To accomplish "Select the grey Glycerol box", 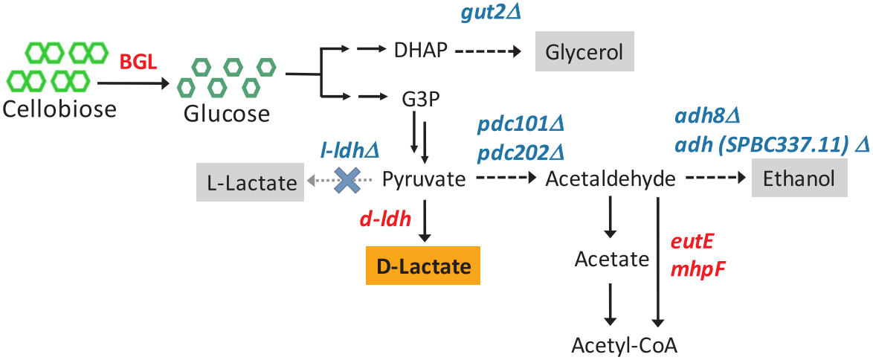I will click(x=584, y=52).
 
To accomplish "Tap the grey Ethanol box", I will click(x=799, y=179).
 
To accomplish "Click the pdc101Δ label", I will click(x=519, y=123).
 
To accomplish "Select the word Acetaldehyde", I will click(x=611, y=179).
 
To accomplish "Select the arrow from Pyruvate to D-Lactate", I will click(x=424, y=221).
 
